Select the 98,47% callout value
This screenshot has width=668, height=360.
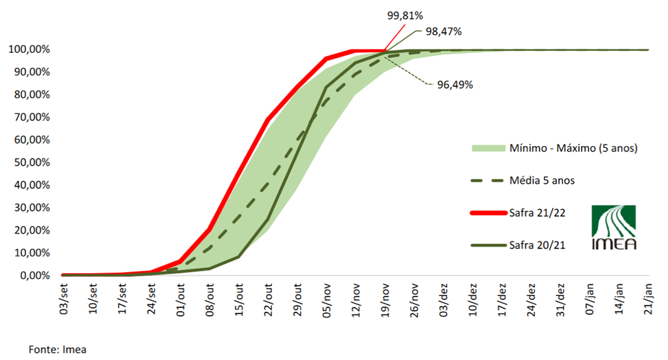[444, 31]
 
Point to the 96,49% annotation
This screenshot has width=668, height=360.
[454, 85]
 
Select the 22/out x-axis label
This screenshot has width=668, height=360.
[268, 299]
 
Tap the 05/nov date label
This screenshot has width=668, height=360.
[327, 299]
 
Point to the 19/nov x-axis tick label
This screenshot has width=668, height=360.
[386, 299]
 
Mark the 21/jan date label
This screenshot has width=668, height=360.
[649, 299]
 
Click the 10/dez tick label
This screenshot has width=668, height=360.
[473, 299]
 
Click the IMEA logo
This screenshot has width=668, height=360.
[613, 227]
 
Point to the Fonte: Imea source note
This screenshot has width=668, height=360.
[57, 349]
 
